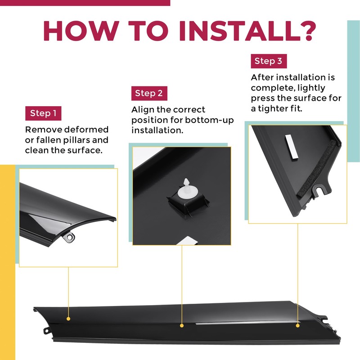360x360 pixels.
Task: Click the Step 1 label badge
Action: (x=43, y=113)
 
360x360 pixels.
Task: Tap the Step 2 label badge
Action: (x=149, y=93)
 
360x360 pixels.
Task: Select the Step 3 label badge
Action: (x=269, y=61)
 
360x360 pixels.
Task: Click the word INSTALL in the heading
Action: (x=241, y=31)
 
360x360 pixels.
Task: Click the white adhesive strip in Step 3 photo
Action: (x=291, y=147)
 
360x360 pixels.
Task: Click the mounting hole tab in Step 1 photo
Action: (x=70, y=237)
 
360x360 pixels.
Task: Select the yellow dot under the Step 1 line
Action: (x=68, y=319)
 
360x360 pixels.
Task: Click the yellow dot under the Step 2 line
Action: (x=182, y=325)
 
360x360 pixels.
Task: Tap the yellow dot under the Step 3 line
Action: (x=298, y=325)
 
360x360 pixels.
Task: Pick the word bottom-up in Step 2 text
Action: (x=209, y=120)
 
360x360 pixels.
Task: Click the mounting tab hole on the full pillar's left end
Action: (x=46, y=331)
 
